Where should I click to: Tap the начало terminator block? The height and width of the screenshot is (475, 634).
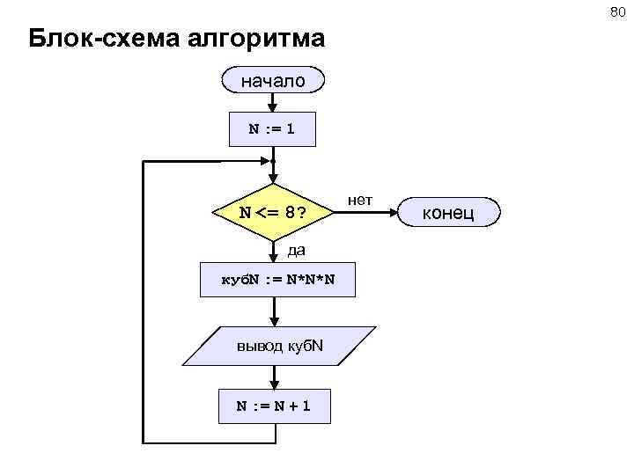tap(274, 81)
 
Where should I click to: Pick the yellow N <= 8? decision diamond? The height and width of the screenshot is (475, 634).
tap(274, 212)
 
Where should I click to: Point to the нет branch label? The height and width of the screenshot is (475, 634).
tap(360, 201)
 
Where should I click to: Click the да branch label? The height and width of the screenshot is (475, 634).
tap(296, 250)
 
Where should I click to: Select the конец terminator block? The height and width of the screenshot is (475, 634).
tap(450, 212)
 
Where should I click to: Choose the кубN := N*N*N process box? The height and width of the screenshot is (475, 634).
tap(276, 281)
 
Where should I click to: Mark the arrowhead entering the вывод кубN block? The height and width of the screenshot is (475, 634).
tap(275, 322)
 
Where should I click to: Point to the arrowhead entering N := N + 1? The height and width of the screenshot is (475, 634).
tap(275, 384)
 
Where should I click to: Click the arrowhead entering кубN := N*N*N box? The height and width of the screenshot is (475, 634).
tap(275, 258)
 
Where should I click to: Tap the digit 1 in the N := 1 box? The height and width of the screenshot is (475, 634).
tap(290, 129)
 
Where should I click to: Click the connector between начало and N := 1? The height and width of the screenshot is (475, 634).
tap(274, 102)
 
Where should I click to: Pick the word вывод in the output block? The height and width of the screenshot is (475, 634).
tap(261, 346)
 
